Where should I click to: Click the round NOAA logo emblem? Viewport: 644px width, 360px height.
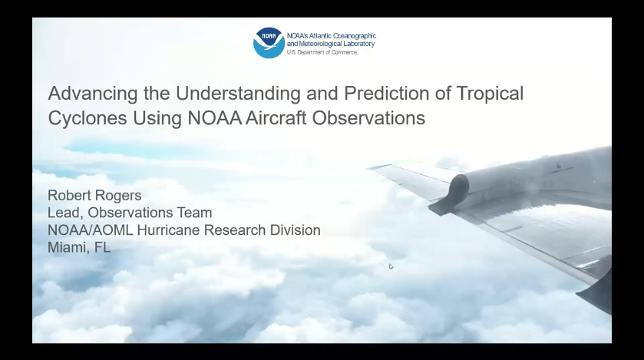click(269, 43)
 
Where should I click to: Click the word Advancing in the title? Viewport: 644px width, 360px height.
click(93, 94)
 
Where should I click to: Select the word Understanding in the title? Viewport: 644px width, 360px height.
click(238, 94)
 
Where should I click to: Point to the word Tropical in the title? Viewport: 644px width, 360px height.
click(490, 94)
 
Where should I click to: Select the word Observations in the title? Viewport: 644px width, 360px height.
click(368, 118)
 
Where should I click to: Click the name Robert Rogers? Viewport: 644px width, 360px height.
click(94, 196)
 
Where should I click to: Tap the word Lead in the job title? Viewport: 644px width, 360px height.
click(64, 213)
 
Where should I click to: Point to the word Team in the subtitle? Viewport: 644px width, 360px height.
click(194, 213)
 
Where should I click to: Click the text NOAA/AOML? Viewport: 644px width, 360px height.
click(91, 230)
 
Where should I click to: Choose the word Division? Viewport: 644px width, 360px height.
click(295, 230)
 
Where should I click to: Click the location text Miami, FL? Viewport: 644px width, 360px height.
click(79, 247)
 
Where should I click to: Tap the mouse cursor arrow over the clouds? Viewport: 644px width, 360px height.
click(391, 267)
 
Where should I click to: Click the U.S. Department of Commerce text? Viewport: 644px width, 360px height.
click(322, 52)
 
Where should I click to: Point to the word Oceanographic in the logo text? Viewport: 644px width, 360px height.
click(354, 36)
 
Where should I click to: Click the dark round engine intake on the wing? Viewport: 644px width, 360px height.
click(459, 190)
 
